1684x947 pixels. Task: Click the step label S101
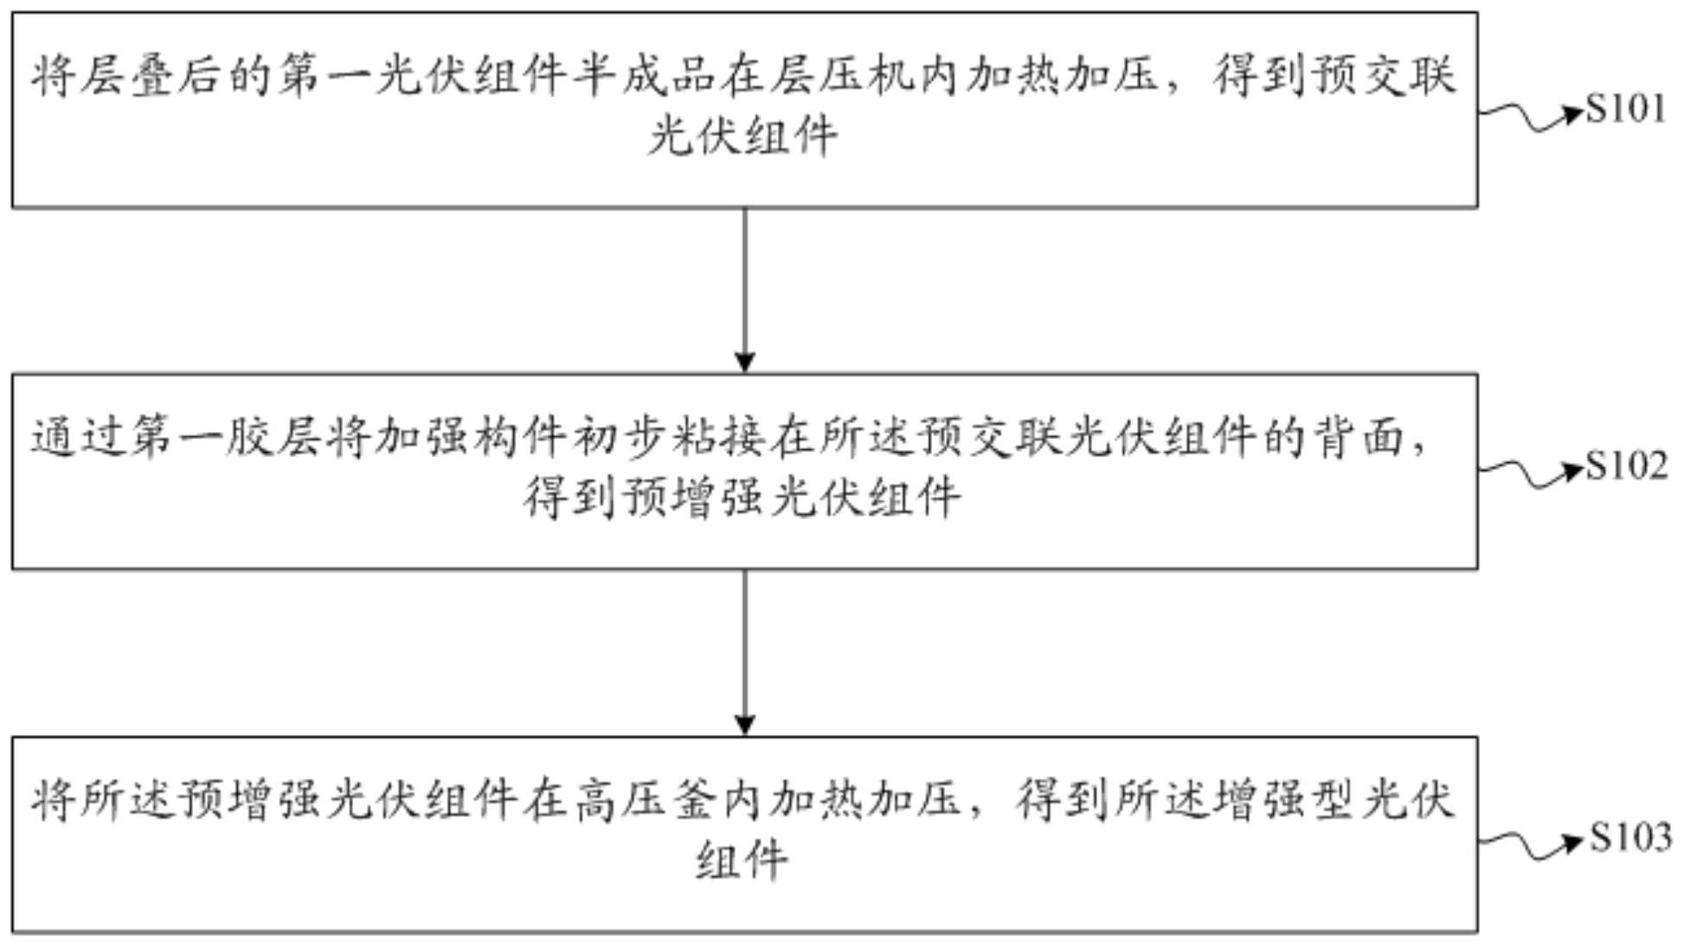(1625, 110)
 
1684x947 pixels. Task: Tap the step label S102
(1626, 467)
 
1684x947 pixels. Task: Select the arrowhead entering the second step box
(744, 362)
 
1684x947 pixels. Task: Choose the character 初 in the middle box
(598, 438)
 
